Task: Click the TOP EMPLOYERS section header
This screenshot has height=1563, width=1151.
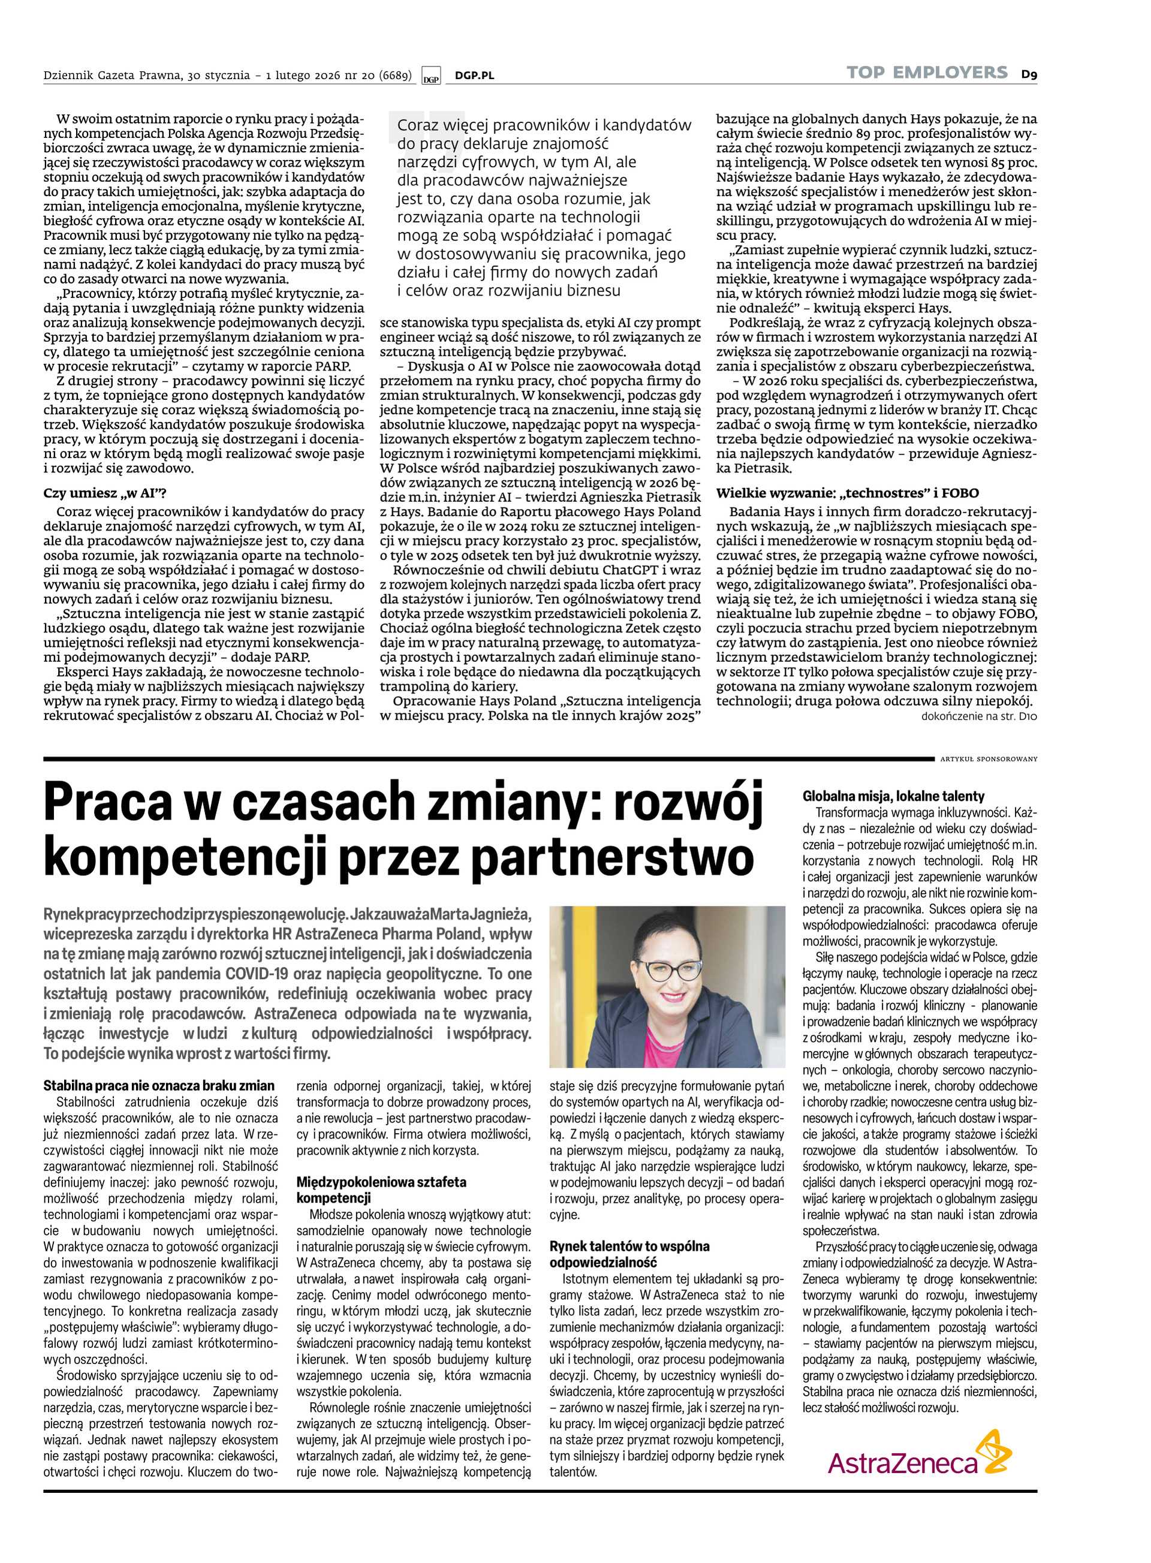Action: coord(927,73)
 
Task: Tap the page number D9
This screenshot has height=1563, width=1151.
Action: coord(1030,73)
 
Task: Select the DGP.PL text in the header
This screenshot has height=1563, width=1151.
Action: coord(474,76)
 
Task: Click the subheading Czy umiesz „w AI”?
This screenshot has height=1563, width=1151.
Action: coord(105,493)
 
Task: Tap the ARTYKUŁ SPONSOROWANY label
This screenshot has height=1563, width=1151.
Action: coord(989,759)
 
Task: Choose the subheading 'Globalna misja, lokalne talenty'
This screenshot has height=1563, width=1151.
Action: coord(894,796)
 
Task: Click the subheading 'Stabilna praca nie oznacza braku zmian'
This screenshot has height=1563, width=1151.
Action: coord(159,1085)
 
